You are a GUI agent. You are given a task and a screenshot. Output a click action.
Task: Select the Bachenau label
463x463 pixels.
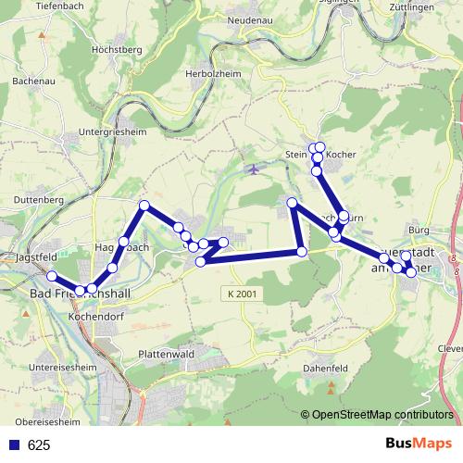pos(31,81)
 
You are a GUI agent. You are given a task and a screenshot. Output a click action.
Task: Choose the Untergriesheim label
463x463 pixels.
pos(116,133)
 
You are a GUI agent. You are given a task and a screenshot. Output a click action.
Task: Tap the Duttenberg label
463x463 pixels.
pos(38,199)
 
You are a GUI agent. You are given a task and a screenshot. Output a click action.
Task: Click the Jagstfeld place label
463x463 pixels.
pos(36,256)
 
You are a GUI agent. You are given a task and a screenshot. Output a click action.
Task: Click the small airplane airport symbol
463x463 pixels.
pos(255,169)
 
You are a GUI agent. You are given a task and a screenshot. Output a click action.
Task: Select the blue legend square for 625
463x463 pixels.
pos(13,445)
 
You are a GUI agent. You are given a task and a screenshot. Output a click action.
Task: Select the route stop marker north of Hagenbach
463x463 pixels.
pos(144,206)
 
